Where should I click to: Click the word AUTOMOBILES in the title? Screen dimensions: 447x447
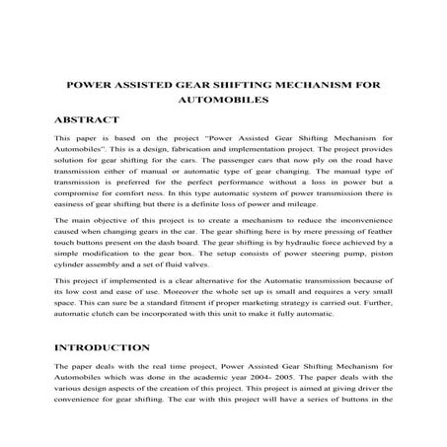(223, 101)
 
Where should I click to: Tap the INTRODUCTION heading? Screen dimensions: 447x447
(104, 347)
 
